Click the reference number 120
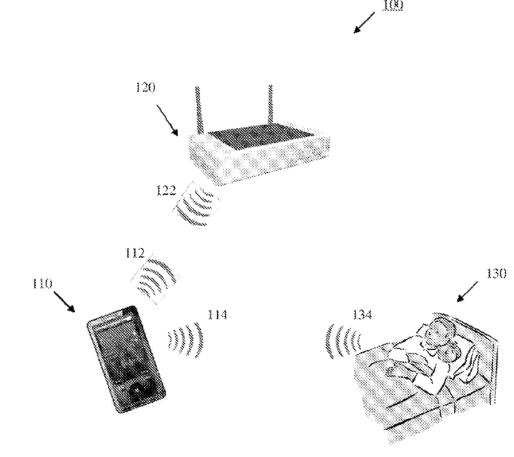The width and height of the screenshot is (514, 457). click(x=146, y=88)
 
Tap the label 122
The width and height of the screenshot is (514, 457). click(x=166, y=190)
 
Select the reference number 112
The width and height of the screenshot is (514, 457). click(x=134, y=253)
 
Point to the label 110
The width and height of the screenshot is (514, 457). click(x=43, y=283)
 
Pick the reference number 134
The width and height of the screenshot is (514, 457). click(x=362, y=314)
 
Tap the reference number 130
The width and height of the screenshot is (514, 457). click(x=496, y=273)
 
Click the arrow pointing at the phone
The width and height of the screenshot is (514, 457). click(x=64, y=301)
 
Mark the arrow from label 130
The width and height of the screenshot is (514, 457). click(x=468, y=290)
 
